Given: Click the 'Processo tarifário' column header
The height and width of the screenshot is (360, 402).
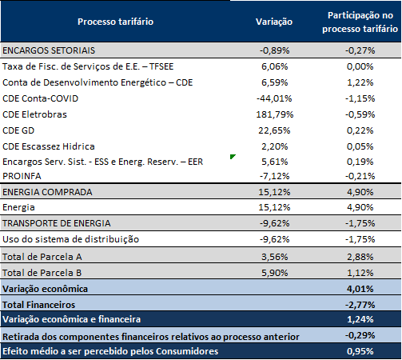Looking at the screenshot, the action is click(x=115, y=22).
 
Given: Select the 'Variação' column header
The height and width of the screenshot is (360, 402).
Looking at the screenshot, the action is click(x=274, y=22).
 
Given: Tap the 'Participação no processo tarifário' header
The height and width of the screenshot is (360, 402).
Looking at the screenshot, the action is click(x=360, y=22).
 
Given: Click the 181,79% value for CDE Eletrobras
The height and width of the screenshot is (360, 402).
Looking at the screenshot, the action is click(x=275, y=114).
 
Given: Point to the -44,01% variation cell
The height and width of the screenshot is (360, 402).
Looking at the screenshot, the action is click(x=274, y=98).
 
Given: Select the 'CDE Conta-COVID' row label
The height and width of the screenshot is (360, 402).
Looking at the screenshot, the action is click(x=40, y=98).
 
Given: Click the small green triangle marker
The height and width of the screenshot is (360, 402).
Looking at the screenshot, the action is click(x=233, y=157).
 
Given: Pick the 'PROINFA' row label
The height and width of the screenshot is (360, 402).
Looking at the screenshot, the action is click(x=22, y=176).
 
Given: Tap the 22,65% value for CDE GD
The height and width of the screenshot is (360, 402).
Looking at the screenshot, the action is click(x=274, y=130).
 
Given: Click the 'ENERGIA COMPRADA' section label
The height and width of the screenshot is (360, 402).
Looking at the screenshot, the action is click(x=47, y=192).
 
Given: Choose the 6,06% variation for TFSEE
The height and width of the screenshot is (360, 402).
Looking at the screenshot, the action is click(x=275, y=66).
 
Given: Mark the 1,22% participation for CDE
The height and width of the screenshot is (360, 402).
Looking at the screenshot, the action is click(x=360, y=82).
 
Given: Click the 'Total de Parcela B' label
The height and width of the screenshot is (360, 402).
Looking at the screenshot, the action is click(x=42, y=273).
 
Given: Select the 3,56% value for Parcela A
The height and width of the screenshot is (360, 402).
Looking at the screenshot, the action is click(x=275, y=257).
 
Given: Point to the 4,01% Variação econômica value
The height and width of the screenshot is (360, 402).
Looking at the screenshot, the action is click(x=360, y=289).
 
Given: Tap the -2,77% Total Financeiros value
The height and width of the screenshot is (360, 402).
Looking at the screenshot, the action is click(x=360, y=305).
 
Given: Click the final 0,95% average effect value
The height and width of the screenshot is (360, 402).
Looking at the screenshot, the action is click(x=360, y=351).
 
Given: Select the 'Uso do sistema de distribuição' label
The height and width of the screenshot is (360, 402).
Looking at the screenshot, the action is click(x=70, y=239).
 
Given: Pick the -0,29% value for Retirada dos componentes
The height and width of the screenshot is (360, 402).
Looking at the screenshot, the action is click(x=360, y=335).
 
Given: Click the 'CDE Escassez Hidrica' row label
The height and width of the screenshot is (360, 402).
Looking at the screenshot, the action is click(x=49, y=146).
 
